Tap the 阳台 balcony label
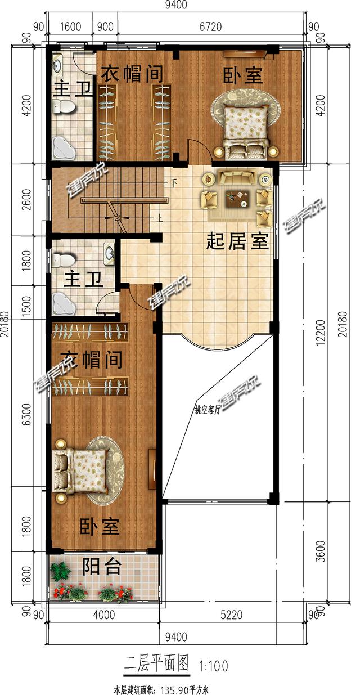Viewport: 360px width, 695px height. point(101,567)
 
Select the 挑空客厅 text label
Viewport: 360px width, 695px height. point(207,410)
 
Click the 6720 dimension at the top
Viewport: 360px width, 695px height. point(210,26)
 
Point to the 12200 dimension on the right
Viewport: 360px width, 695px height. point(322,332)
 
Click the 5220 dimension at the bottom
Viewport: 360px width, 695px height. point(231,615)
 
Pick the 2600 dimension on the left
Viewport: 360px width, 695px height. point(27,200)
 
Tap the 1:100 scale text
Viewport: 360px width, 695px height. point(213,666)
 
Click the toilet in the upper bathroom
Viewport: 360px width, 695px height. point(64,107)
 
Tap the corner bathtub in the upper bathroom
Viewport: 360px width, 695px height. point(64,148)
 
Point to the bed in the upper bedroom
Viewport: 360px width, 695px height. point(246,131)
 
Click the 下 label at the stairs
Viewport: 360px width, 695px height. point(174,184)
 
